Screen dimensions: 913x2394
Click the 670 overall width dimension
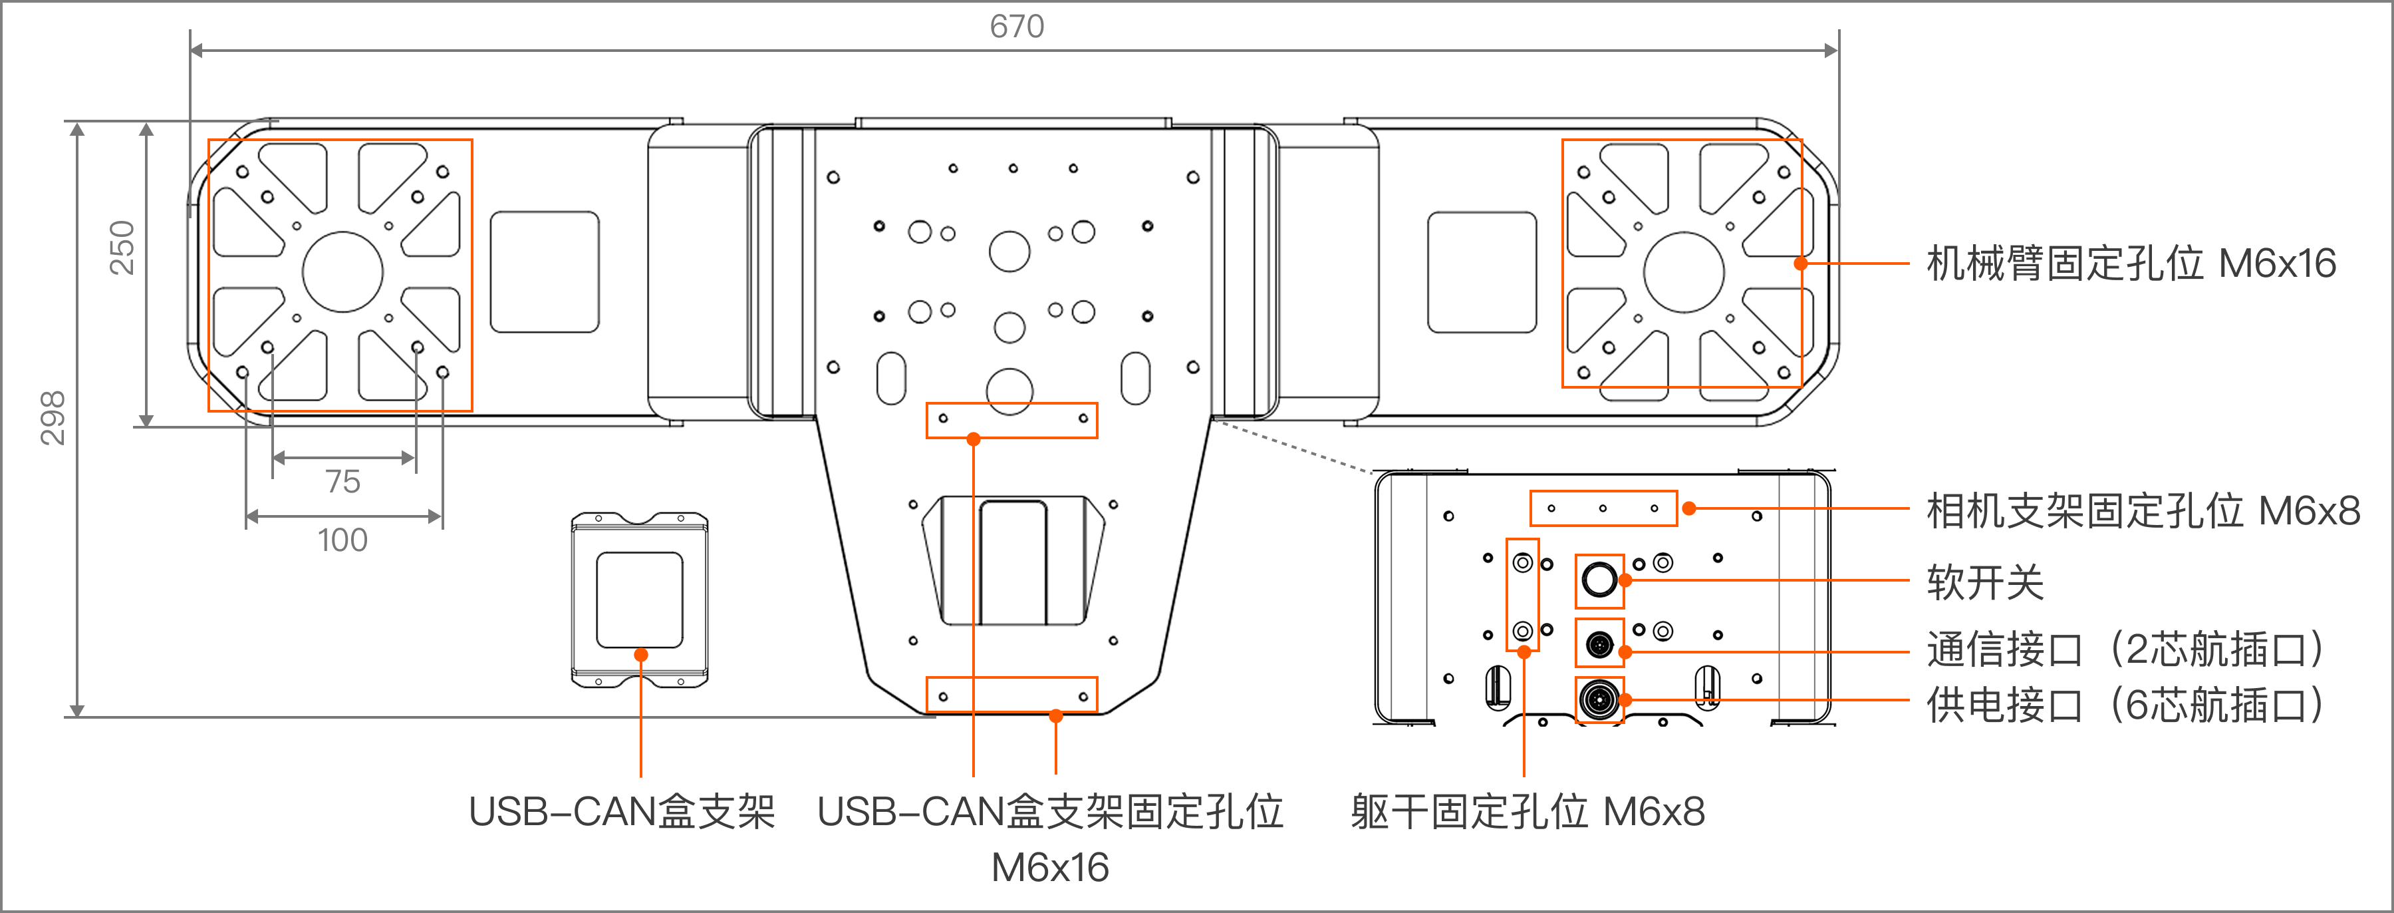[1017, 26]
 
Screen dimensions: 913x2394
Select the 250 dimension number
[122, 248]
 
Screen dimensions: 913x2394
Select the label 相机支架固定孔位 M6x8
[2142, 510]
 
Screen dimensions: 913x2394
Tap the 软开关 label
[1985, 583]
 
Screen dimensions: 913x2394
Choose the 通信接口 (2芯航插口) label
[2125, 648]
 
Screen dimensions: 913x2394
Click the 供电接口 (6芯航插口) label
[2125, 705]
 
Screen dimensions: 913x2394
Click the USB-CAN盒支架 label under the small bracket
[622, 812]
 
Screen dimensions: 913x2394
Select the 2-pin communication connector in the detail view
[1599, 643]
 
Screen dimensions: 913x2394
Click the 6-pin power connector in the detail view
[1599, 699]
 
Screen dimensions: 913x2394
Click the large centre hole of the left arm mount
[343, 272]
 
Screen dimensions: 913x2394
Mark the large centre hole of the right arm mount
[1684, 272]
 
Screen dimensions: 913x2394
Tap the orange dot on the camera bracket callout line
[1690, 508]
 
